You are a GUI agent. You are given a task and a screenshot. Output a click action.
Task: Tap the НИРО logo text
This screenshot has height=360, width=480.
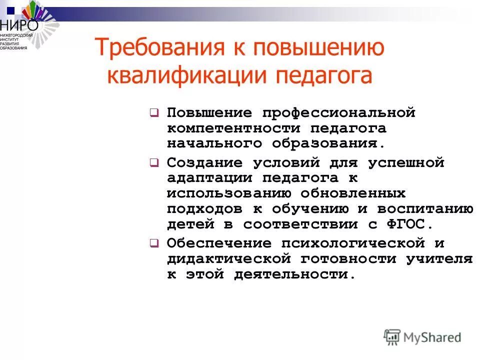tap(18, 23)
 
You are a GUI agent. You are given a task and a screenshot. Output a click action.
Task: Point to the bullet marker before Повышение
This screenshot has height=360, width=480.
tap(154, 113)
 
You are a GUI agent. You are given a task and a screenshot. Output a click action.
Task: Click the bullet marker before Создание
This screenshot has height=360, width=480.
tap(154, 163)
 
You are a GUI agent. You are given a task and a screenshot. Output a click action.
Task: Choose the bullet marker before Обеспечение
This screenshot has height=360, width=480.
tap(154, 244)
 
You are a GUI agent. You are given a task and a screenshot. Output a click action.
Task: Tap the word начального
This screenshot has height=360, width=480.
tap(215, 143)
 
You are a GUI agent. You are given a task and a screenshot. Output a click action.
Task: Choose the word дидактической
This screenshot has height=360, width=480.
tap(229, 259)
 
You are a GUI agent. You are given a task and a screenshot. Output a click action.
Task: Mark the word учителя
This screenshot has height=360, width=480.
tap(439, 259)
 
